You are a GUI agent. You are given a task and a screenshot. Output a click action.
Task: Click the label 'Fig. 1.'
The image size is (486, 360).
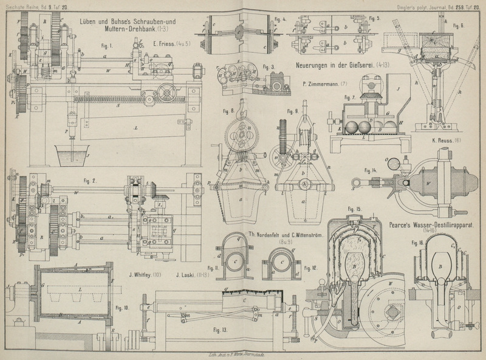[109, 46]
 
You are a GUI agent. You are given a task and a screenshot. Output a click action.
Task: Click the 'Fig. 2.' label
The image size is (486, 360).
[91, 180]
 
